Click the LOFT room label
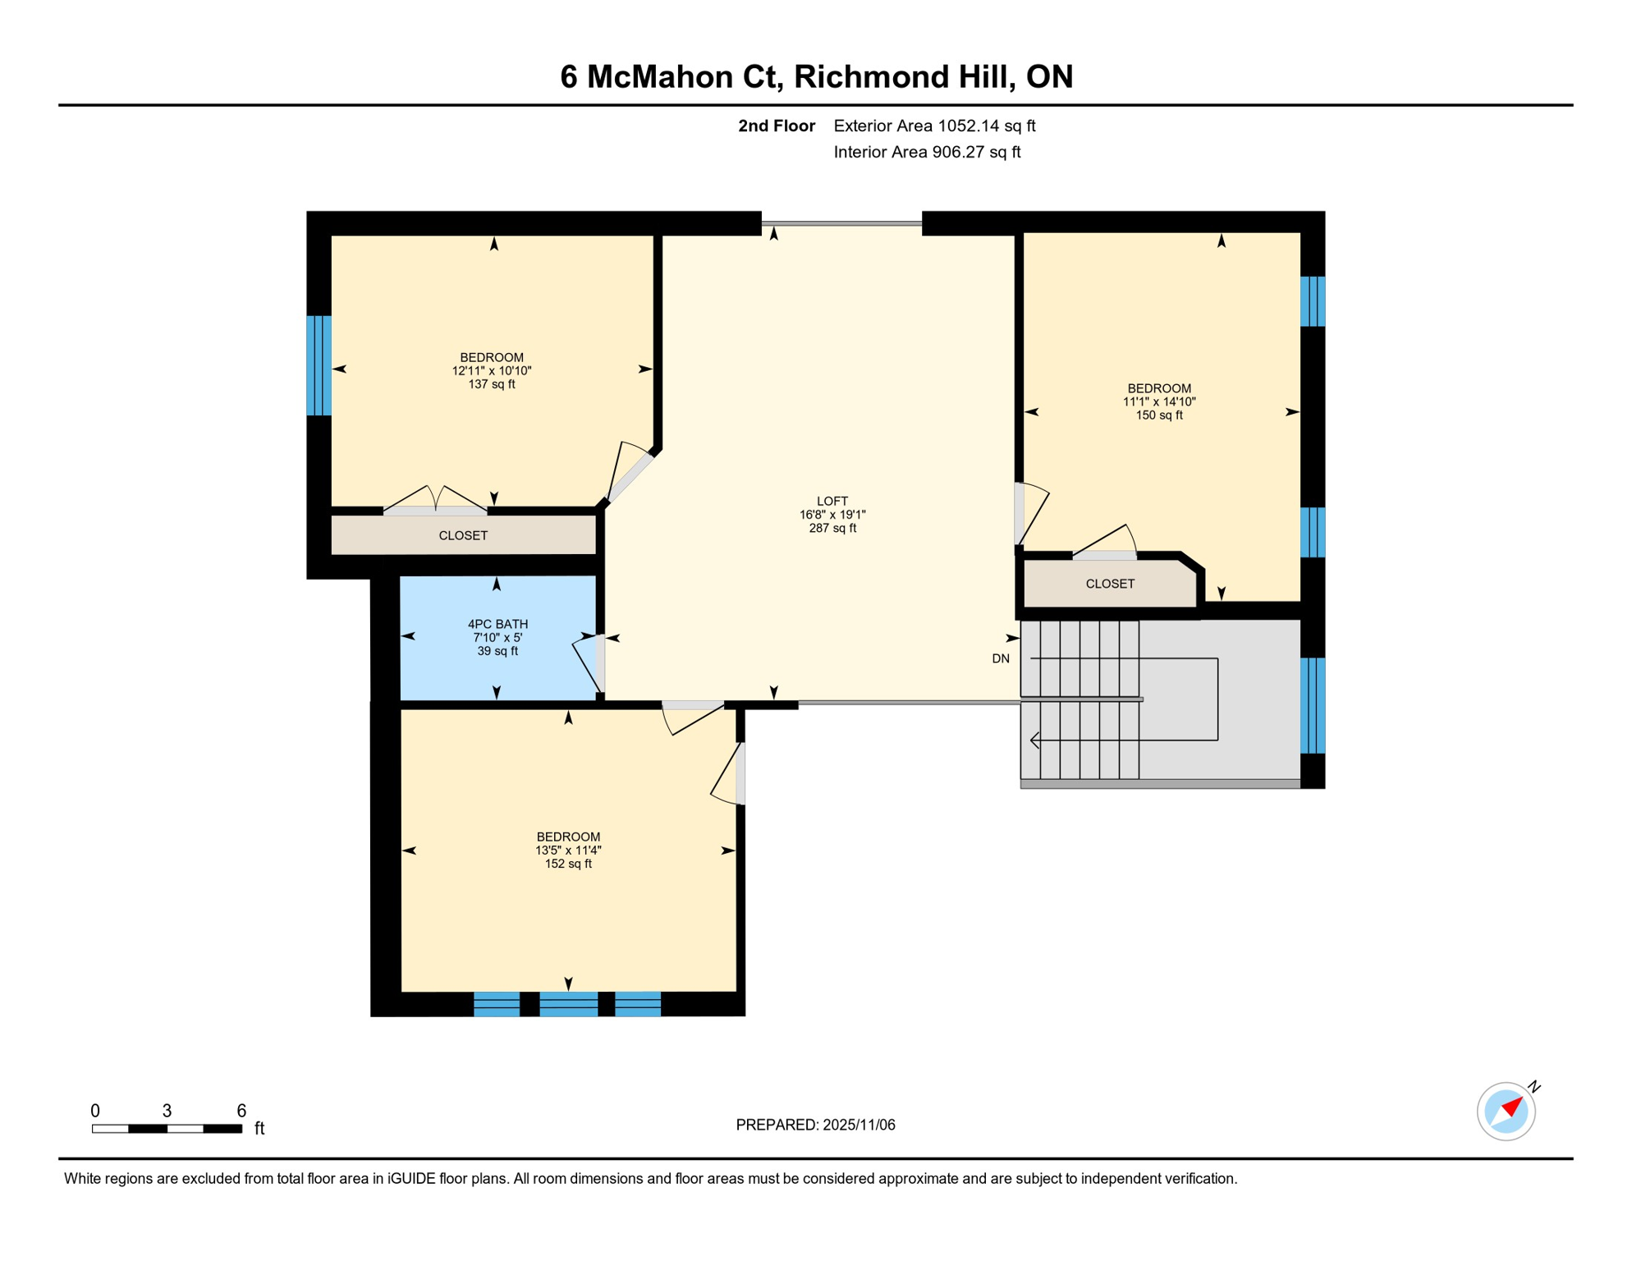click(832, 501)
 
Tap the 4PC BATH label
click(497, 624)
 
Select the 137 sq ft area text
click(492, 384)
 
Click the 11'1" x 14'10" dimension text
click(1158, 402)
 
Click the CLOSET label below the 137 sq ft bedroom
click(463, 535)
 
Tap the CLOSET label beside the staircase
click(1109, 584)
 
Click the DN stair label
click(1000, 658)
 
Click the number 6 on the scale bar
click(241, 1111)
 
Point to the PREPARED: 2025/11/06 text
click(815, 1125)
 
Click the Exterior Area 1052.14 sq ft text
click(934, 126)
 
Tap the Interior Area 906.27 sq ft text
click(927, 152)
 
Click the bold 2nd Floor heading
click(776, 126)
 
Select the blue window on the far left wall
click(319, 365)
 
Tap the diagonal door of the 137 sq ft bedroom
click(630, 477)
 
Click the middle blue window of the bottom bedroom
click(568, 1004)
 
